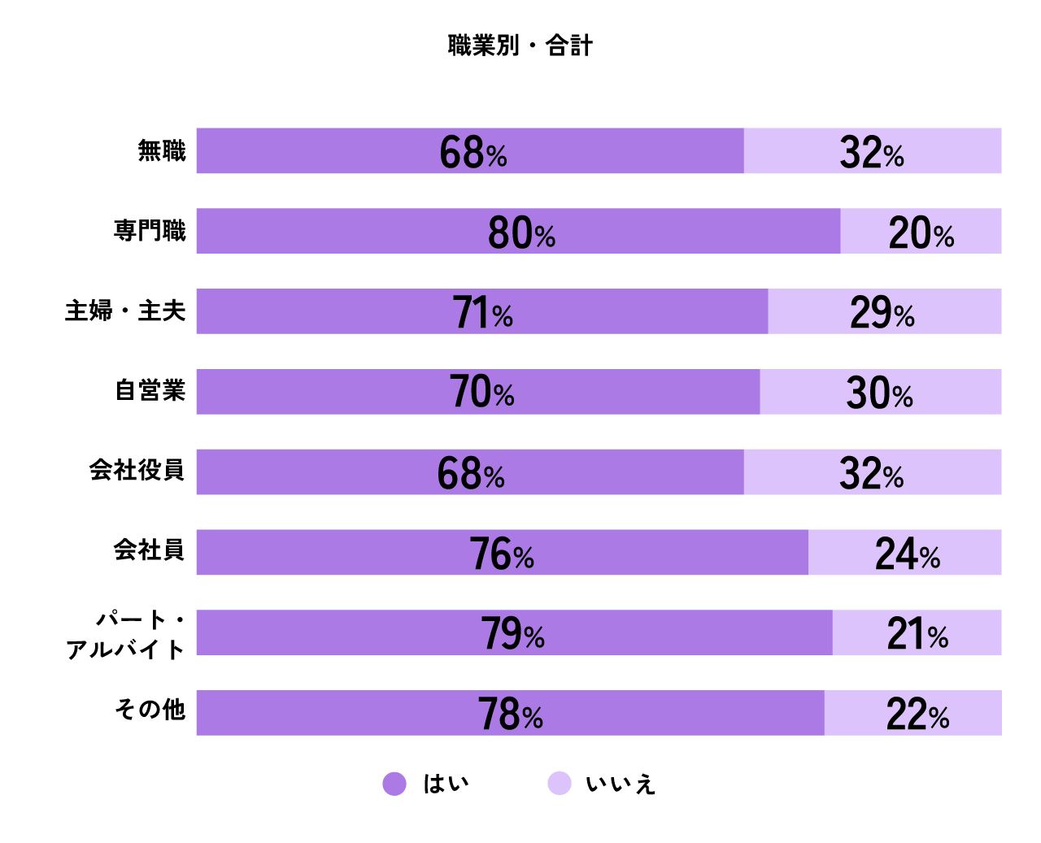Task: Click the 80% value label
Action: pyautogui.click(x=521, y=232)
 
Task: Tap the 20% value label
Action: pyautogui.click(x=921, y=233)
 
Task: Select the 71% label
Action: pyautogui.click(x=482, y=313)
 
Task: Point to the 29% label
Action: pyautogui.click(x=882, y=313)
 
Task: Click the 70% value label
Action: pyautogui.click(x=481, y=393)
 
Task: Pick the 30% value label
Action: pyautogui.click(x=879, y=393)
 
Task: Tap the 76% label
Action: pyautogui.click(x=501, y=554)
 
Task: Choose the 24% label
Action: pyautogui.click(x=907, y=554)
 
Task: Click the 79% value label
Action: pyautogui.click(x=512, y=634)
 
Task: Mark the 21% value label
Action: pyautogui.click(x=917, y=634)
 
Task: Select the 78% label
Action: pyautogui.click(x=510, y=715)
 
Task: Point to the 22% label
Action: pyautogui.click(x=917, y=715)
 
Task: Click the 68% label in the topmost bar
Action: pyautogui.click(x=473, y=152)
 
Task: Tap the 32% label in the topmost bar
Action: pyautogui.click(x=871, y=152)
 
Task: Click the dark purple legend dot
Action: pyautogui.click(x=394, y=784)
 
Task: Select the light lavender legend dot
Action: pyautogui.click(x=560, y=783)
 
